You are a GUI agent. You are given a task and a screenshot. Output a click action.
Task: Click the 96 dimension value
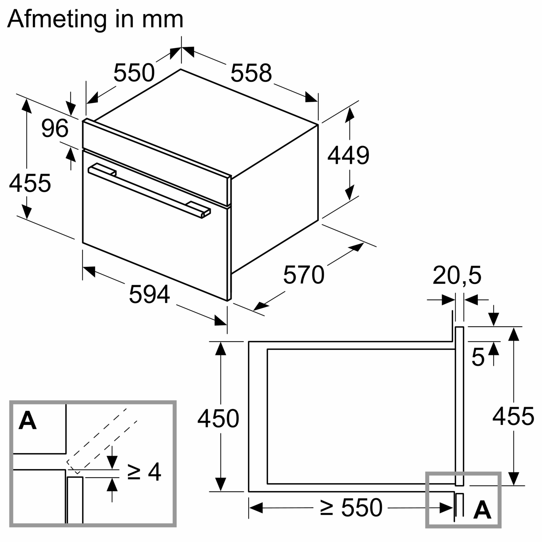(x=55, y=128)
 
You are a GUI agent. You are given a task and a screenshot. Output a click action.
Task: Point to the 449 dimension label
(x=348, y=155)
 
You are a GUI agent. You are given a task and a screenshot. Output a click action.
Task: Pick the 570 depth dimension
(x=304, y=275)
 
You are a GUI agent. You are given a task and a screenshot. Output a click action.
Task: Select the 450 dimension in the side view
(x=218, y=418)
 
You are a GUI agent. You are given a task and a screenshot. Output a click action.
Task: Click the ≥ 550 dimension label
(x=351, y=507)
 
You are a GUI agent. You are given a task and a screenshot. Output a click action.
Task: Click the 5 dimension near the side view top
(x=478, y=358)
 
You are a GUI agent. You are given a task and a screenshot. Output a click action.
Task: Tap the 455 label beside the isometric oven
(x=30, y=183)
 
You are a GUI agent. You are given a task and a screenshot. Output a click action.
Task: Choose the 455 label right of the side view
(x=513, y=416)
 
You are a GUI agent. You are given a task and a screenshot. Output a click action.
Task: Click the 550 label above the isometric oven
(x=134, y=73)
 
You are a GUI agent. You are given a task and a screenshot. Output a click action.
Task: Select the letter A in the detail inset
(x=28, y=421)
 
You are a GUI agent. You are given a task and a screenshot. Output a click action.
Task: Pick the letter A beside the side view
(x=482, y=510)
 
